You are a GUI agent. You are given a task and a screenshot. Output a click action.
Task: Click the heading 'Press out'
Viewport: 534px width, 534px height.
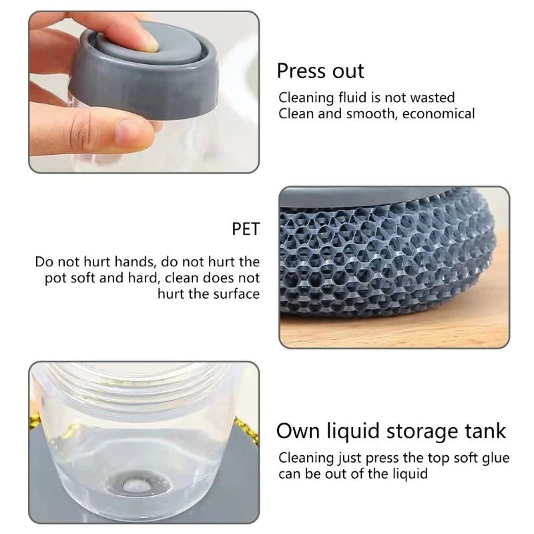(x=320, y=71)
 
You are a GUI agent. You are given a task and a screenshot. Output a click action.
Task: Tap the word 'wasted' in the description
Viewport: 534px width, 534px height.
(x=433, y=97)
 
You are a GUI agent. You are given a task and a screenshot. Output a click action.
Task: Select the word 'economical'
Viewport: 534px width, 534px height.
(x=437, y=113)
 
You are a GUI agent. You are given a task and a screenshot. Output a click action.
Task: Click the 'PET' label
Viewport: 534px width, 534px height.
(x=245, y=230)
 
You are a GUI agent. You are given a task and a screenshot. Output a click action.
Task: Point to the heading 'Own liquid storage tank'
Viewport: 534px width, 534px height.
(x=391, y=431)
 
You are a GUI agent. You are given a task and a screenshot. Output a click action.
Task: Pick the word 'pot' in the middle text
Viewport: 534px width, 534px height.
(x=56, y=278)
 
